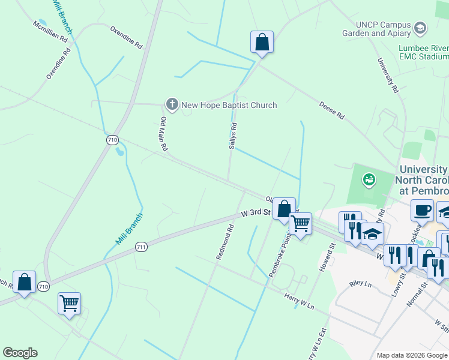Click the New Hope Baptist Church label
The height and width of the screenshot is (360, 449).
click(229, 105)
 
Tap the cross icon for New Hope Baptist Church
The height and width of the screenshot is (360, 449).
click(172, 105)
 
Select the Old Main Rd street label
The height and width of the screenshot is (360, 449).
click(163, 133)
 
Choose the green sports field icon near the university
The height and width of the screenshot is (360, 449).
click(369, 179)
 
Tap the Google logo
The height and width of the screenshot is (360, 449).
click(20, 353)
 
